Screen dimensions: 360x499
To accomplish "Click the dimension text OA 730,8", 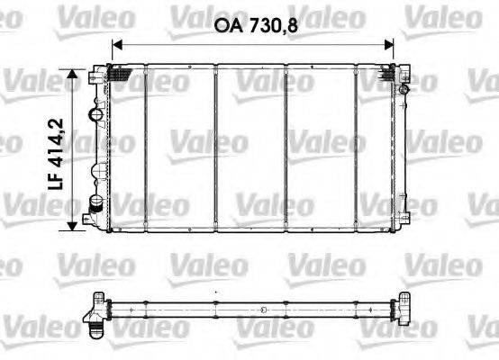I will tap(255, 26).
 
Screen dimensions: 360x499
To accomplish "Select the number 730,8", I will tap(270, 26).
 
